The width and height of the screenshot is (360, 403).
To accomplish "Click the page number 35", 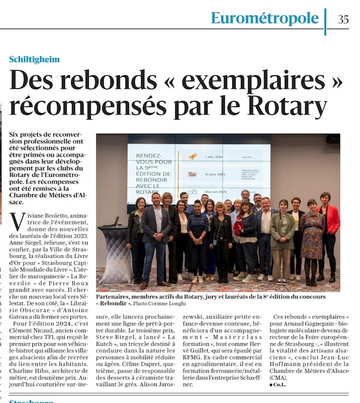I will tap(343, 19).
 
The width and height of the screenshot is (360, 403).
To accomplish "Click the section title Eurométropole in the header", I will tap(265, 18).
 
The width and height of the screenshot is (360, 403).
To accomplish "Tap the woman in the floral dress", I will tap(312, 240).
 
